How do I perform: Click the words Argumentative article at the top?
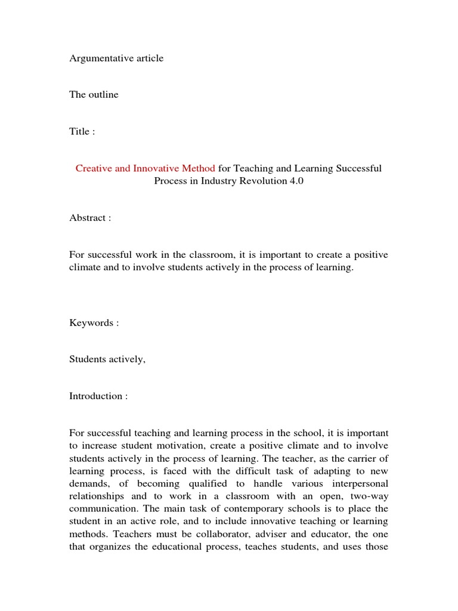[116, 58]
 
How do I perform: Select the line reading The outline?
[94, 95]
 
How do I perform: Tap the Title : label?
[82, 132]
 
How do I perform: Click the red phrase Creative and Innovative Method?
[145, 169]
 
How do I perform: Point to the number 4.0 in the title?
[296, 181]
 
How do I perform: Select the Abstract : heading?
[90, 218]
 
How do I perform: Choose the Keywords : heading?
[94, 323]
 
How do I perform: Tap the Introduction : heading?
[98, 396]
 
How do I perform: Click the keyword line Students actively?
[107, 359]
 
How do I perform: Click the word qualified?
[210, 483]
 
